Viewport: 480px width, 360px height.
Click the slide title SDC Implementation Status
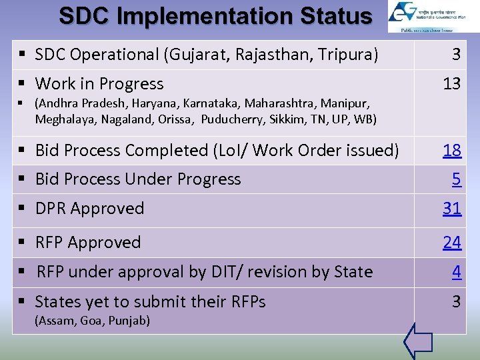point(215,16)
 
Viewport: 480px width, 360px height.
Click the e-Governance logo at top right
point(425,17)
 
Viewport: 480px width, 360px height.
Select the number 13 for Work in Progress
point(452,83)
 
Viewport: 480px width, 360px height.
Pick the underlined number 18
point(452,151)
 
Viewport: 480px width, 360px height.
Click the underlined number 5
point(456,179)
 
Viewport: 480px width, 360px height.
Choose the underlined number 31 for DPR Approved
point(452,209)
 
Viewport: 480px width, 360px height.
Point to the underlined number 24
point(452,243)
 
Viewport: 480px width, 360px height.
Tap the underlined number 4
point(456,272)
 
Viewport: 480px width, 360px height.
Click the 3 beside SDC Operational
point(456,54)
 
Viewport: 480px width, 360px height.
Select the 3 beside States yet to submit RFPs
point(456,301)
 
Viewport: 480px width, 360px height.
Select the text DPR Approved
point(89,209)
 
